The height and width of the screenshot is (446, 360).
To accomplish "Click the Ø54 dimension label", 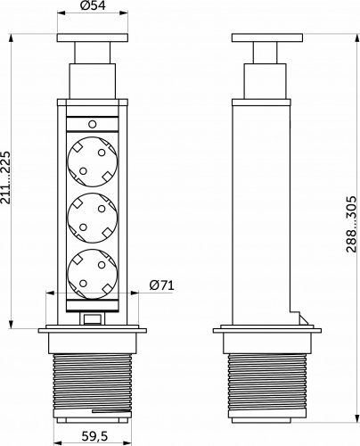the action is coord(93,5).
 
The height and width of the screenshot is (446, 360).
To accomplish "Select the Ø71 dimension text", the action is coord(161,285).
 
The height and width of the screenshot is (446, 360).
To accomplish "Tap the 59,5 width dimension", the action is coord(94,436).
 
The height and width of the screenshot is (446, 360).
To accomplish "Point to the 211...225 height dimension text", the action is coord(5,178).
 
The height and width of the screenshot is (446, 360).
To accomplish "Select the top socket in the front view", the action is coord(93,161).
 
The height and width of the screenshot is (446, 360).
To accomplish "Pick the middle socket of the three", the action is coord(93,219).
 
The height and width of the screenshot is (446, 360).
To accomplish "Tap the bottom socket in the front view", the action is coord(93,274).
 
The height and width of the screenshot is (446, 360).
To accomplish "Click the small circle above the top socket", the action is coord(93,124).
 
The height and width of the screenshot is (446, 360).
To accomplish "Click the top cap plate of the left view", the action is coord(93,37).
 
